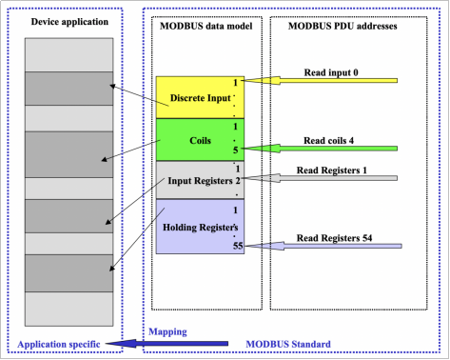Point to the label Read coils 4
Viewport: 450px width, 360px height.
click(x=329, y=140)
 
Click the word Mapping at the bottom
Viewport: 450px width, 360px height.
click(x=167, y=332)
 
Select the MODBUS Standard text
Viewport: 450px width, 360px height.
click(x=288, y=343)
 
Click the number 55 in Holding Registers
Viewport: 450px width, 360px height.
click(x=237, y=246)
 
